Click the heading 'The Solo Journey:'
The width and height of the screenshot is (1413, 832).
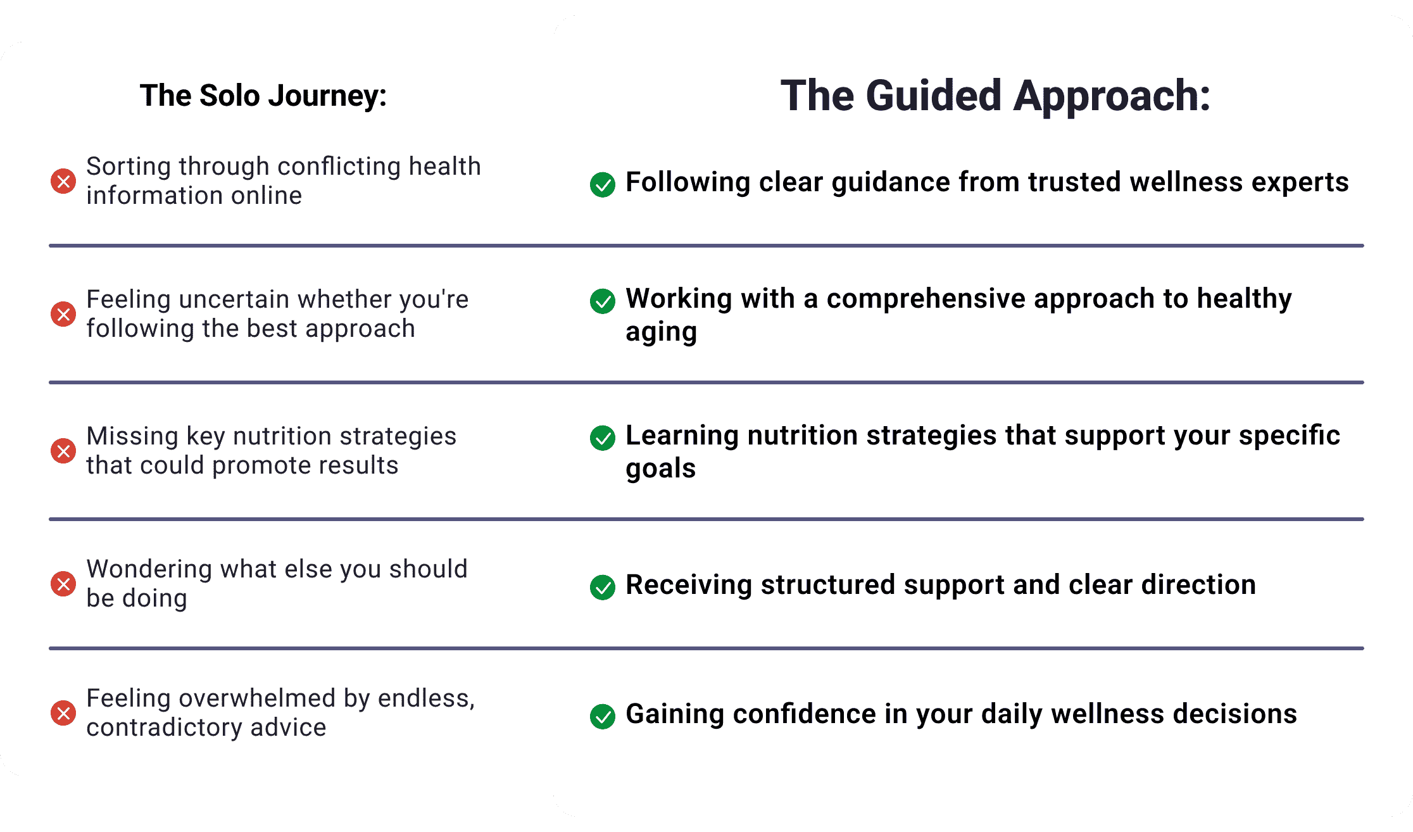tap(263, 96)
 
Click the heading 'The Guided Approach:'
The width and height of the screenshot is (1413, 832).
tap(995, 96)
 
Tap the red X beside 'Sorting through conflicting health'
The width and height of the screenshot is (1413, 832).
tap(63, 182)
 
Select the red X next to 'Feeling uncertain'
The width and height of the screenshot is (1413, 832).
tap(63, 314)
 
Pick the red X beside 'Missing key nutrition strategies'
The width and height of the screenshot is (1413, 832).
tap(63, 451)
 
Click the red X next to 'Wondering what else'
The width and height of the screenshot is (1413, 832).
tap(63, 584)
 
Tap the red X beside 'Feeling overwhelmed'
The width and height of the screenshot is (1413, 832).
tap(63, 714)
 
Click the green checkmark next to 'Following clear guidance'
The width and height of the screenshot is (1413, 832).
tap(603, 184)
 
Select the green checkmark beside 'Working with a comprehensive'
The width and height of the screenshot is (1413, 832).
tap(603, 301)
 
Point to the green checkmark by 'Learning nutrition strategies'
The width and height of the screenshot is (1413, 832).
tap(603, 438)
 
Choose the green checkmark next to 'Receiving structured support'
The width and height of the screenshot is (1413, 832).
tap(603, 588)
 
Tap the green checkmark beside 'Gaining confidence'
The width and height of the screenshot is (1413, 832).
tap(603, 717)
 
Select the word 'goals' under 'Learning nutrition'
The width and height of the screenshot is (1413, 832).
tap(661, 469)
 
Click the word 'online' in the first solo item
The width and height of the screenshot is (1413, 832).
tap(267, 196)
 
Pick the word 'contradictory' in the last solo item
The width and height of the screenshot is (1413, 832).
tap(165, 728)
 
